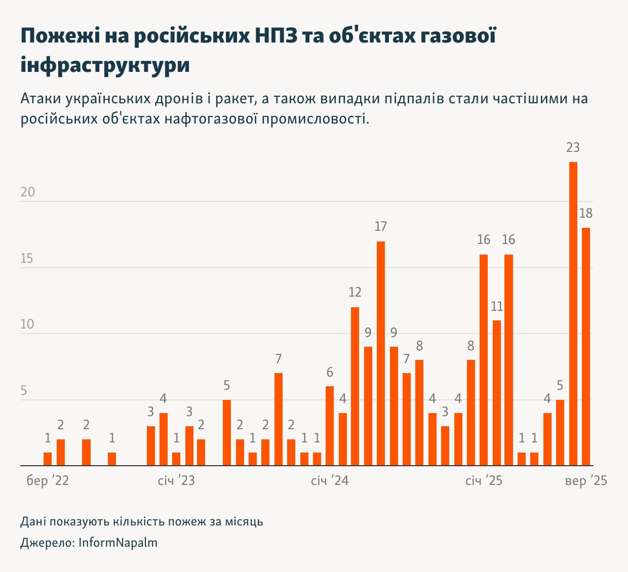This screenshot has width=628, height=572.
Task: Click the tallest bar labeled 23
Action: point(573,314)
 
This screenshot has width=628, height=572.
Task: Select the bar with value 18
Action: point(586,347)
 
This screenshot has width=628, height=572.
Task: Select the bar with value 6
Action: point(330,426)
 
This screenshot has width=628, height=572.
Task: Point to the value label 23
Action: point(573,148)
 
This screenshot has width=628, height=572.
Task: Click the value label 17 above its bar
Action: point(381,227)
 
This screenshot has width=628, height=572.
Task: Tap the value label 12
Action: point(355,293)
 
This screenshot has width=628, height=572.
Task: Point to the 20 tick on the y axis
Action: point(28,192)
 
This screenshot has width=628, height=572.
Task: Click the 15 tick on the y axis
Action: point(27,259)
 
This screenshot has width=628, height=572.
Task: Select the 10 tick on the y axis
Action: point(27,324)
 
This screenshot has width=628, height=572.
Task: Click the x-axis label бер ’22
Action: point(48,480)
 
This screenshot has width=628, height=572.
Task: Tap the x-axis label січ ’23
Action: point(176,480)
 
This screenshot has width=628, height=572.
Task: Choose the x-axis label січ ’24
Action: point(330,480)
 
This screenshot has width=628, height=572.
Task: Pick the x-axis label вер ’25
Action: point(586,480)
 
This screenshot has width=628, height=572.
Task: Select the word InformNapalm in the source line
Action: point(118,543)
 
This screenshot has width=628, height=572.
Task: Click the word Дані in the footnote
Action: point(33,521)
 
